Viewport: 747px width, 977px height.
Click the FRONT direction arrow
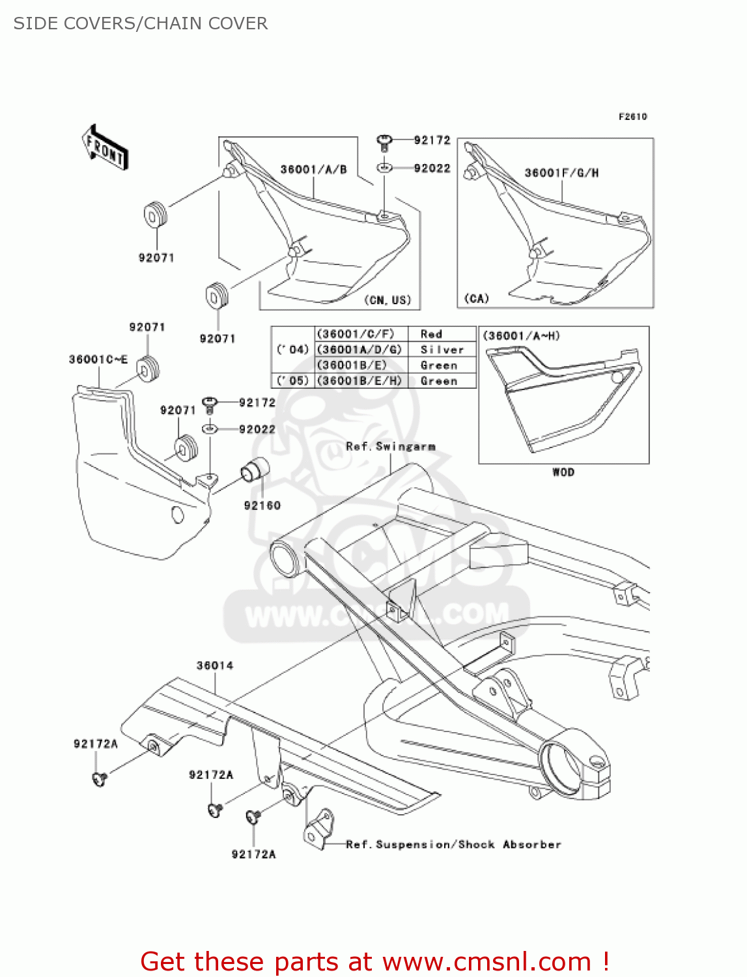(x=105, y=147)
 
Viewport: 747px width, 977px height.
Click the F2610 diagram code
(x=632, y=117)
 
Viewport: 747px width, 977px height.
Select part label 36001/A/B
(x=313, y=169)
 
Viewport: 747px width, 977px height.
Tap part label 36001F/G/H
(x=561, y=173)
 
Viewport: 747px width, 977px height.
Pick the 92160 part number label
(x=262, y=505)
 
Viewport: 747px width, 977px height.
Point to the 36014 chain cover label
(x=215, y=666)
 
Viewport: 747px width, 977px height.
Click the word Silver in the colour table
(x=442, y=350)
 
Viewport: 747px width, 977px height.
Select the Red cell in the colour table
(x=431, y=334)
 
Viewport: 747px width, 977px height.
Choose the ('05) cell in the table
(x=292, y=381)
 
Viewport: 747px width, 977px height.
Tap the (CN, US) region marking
(x=388, y=300)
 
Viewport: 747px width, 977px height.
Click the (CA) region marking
(x=476, y=298)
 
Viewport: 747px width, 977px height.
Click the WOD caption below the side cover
(x=563, y=472)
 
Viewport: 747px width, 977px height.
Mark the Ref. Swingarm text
(x=390, y=447)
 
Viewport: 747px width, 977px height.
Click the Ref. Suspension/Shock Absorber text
(x=453, y=845)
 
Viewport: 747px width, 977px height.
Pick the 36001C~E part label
(x=98, y=360)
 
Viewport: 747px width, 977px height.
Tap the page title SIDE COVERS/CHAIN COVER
(x=141, y=23)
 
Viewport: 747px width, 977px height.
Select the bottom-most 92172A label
(x=253, y=854)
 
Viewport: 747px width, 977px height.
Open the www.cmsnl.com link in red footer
(x=486, y=961)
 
